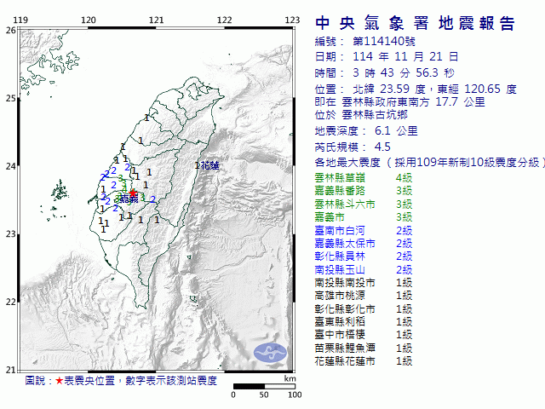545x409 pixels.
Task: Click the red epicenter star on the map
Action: [133, 193]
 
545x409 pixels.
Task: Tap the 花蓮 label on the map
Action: [209, 165]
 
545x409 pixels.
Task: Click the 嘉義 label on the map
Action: [129, 199]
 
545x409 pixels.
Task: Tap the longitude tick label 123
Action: [291, 20]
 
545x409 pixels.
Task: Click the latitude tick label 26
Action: [10, 30]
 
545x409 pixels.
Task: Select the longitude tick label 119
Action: [20, 20]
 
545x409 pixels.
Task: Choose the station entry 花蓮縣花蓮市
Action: [350, 361]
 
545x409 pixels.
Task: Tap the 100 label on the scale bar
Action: [295, 395]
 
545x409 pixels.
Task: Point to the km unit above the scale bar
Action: [290, 377]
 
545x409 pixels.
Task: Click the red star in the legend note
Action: [59, 381]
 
